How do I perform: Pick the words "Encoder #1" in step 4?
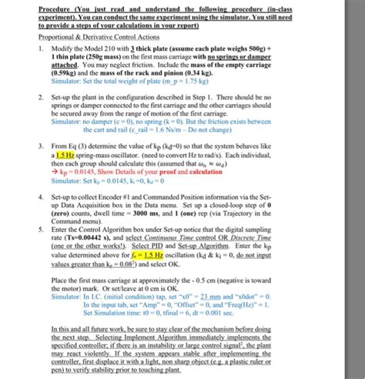point(119,196)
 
